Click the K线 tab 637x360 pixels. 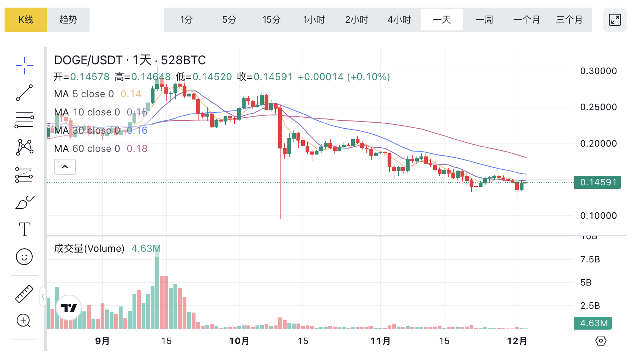click(26, 20)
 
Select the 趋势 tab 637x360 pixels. click(68, 20)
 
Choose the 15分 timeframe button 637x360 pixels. click(271, 20)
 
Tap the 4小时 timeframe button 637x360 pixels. click(399, 20)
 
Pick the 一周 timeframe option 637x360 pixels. click(484, 20)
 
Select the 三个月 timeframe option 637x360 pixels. click(569, 20)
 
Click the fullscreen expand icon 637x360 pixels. click(615, 20)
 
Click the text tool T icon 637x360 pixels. click(25, 229)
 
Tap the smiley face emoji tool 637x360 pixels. click(24, 257)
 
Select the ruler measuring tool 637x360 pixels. click(24, 294)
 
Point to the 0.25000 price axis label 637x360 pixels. click(598, 107)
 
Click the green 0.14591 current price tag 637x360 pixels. click(598, 182)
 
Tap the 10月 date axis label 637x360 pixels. click(239, 341)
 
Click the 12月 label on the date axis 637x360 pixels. click(517, 341)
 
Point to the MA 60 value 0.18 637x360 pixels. click(137, 148)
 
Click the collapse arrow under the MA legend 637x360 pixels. click(65, 167)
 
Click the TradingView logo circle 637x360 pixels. click(69, 308)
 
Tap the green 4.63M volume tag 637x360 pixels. click(593, 323)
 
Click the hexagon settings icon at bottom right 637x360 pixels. click(601, 341)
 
